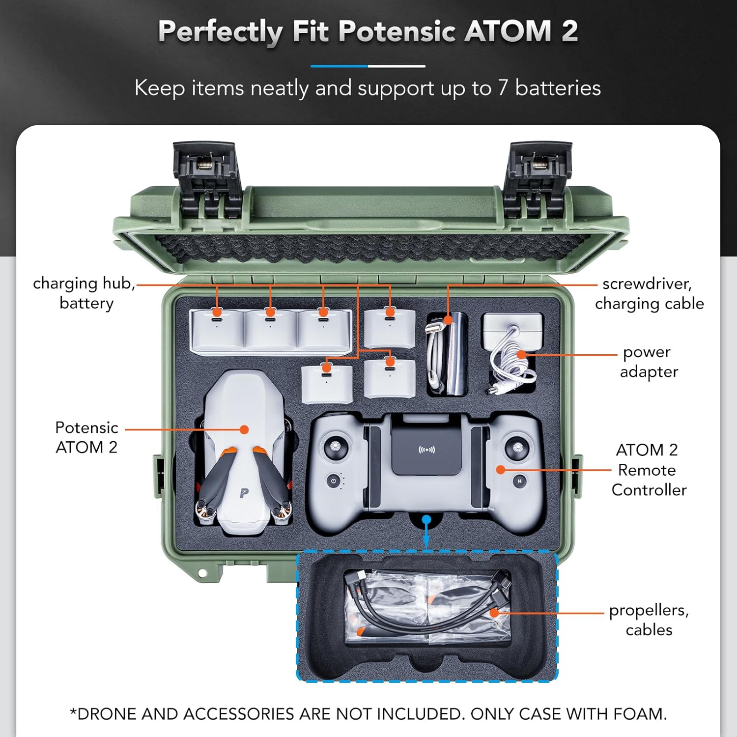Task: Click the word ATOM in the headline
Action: (x=508, y=31)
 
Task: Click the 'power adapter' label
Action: (x=649, y=362)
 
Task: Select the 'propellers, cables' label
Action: (x=649, y=620)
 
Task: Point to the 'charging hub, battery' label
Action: (x=85, y=293)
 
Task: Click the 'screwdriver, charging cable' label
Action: (x=649, y=293)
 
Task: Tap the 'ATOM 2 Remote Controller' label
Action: (x=648, y=470)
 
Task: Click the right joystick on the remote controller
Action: (x=517, y=447)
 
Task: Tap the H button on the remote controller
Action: (x=519, y=481)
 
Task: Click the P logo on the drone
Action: (x=244, y=493)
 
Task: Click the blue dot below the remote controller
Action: (x=426, y=519)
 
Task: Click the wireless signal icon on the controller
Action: (x=426, y=450)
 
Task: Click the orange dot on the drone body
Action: (x=244, y=429)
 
